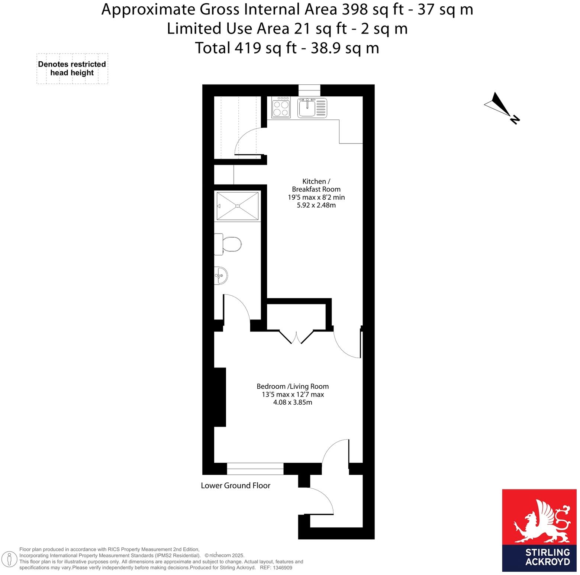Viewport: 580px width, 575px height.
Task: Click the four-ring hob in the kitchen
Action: click(x=281, y=107)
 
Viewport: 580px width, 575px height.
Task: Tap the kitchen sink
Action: click(x=312, y=107)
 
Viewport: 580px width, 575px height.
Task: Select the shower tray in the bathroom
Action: click(x=237, y=206)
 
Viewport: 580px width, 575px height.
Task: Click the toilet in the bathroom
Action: click(x=229, y=244)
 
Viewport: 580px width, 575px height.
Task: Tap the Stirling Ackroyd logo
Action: click(x=539, y=530)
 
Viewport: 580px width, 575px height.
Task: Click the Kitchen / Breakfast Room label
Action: click(x=316, y=185)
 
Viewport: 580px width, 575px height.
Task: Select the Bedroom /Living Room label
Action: click(x=293, y=386)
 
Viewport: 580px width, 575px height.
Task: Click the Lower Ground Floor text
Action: click(x=235, y=486)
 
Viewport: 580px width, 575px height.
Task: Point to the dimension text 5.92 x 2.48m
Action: click(x=316, y=205)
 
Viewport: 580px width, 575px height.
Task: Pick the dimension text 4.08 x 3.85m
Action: click(x=293, y=402)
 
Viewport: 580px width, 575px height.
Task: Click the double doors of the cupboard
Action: click(x=296, y=337)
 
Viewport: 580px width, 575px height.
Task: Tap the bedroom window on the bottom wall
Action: click(x=255, y=469)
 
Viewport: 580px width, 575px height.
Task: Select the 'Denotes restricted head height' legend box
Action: click(x=72, y=68)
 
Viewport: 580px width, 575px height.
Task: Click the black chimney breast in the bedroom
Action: click(x=220, y=397)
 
